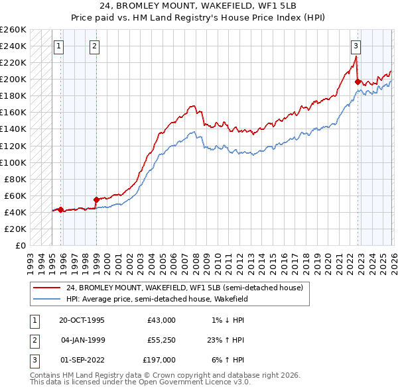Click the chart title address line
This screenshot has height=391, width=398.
[199, 7]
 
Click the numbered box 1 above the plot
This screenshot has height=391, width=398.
[60, 46]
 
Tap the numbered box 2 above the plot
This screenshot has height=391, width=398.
[96, 46]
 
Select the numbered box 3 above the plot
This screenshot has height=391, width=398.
[356, 46]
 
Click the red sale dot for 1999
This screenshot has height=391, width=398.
[96, 199]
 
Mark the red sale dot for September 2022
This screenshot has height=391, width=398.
[358, 82]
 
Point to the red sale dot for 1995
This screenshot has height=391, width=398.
[61, 209]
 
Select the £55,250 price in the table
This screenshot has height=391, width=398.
[162, 340]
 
